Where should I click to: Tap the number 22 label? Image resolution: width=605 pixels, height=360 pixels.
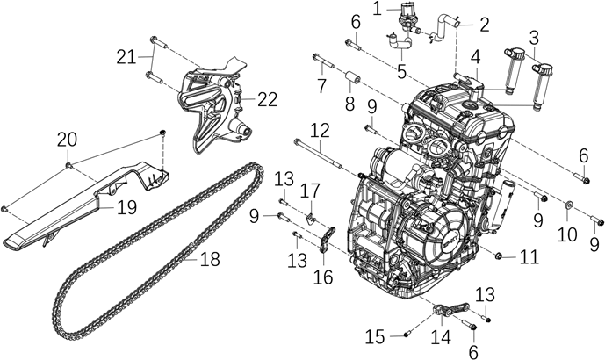coord(267,99)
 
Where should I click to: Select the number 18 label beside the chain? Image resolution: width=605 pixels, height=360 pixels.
coord(209,260)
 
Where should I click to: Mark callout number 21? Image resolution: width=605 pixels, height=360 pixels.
coord(126,57)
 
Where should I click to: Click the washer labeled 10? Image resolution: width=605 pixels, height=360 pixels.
coord(568,206)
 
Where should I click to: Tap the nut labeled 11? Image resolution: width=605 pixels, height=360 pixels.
coord(500,256)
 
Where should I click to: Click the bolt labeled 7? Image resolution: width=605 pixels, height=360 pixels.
coord(321,61)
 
